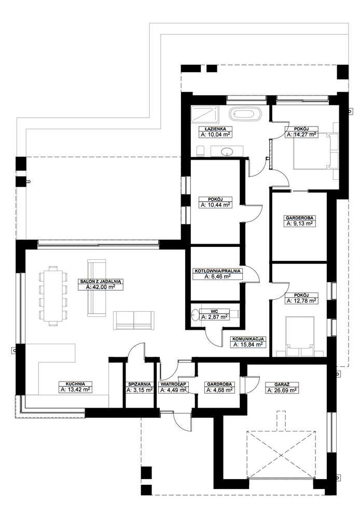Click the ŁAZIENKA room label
(215, 128)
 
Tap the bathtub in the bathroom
(246, 113)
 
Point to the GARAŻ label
(281, 385)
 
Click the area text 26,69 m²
(281, 390)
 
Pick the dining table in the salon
(52, 296)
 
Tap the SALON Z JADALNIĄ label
(100, 281)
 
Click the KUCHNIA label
(76, 384)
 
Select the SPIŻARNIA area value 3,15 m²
(140, 390)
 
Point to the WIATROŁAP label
(173, 385)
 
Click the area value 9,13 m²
(300, 224)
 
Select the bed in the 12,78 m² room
(300, 335)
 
